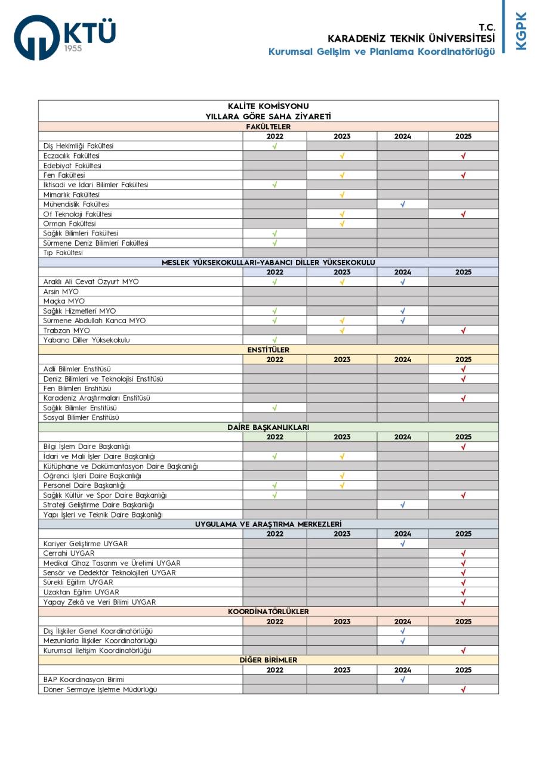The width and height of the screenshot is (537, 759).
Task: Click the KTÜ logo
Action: (x=64, y=37)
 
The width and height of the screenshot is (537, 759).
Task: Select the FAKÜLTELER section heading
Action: (x=268, y=126)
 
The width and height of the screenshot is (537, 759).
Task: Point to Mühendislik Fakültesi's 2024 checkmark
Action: (x=403, y=204)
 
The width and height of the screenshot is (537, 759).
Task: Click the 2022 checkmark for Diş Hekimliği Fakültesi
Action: (x=274, y=146)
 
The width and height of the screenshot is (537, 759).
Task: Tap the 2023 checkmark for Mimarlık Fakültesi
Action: (x=342, y=194)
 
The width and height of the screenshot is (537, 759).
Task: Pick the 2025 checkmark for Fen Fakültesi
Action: (x=463, y=175)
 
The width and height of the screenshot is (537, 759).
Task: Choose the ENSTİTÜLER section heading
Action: (x=268, y=350)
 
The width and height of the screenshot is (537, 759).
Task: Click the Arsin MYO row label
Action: (x=61, y=292)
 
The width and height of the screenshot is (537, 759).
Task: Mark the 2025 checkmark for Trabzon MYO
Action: (x=463, y=330)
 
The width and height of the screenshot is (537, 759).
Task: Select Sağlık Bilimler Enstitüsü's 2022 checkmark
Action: (x=274, y=408)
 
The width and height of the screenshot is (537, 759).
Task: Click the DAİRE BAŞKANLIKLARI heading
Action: (x=268, y=427)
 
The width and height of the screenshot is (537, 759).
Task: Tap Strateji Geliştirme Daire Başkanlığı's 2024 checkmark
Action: (x=403, y=504)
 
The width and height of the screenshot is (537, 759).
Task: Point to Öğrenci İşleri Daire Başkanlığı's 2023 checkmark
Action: (x=342, y=476)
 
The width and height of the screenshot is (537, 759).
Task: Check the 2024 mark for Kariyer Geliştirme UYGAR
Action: (x=403, y=543)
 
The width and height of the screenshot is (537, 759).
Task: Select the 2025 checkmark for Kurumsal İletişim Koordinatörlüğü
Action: (x=463, y=650)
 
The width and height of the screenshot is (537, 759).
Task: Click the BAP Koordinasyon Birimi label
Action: (x=84, y=679)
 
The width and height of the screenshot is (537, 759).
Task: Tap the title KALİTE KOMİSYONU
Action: (x=268, y=106)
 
